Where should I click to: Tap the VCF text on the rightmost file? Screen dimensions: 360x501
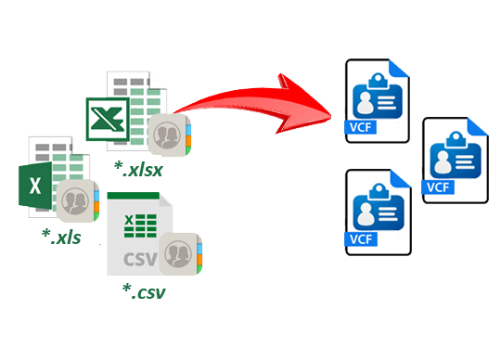coord(436,187)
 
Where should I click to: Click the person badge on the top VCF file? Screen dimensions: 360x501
coord(376,94)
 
